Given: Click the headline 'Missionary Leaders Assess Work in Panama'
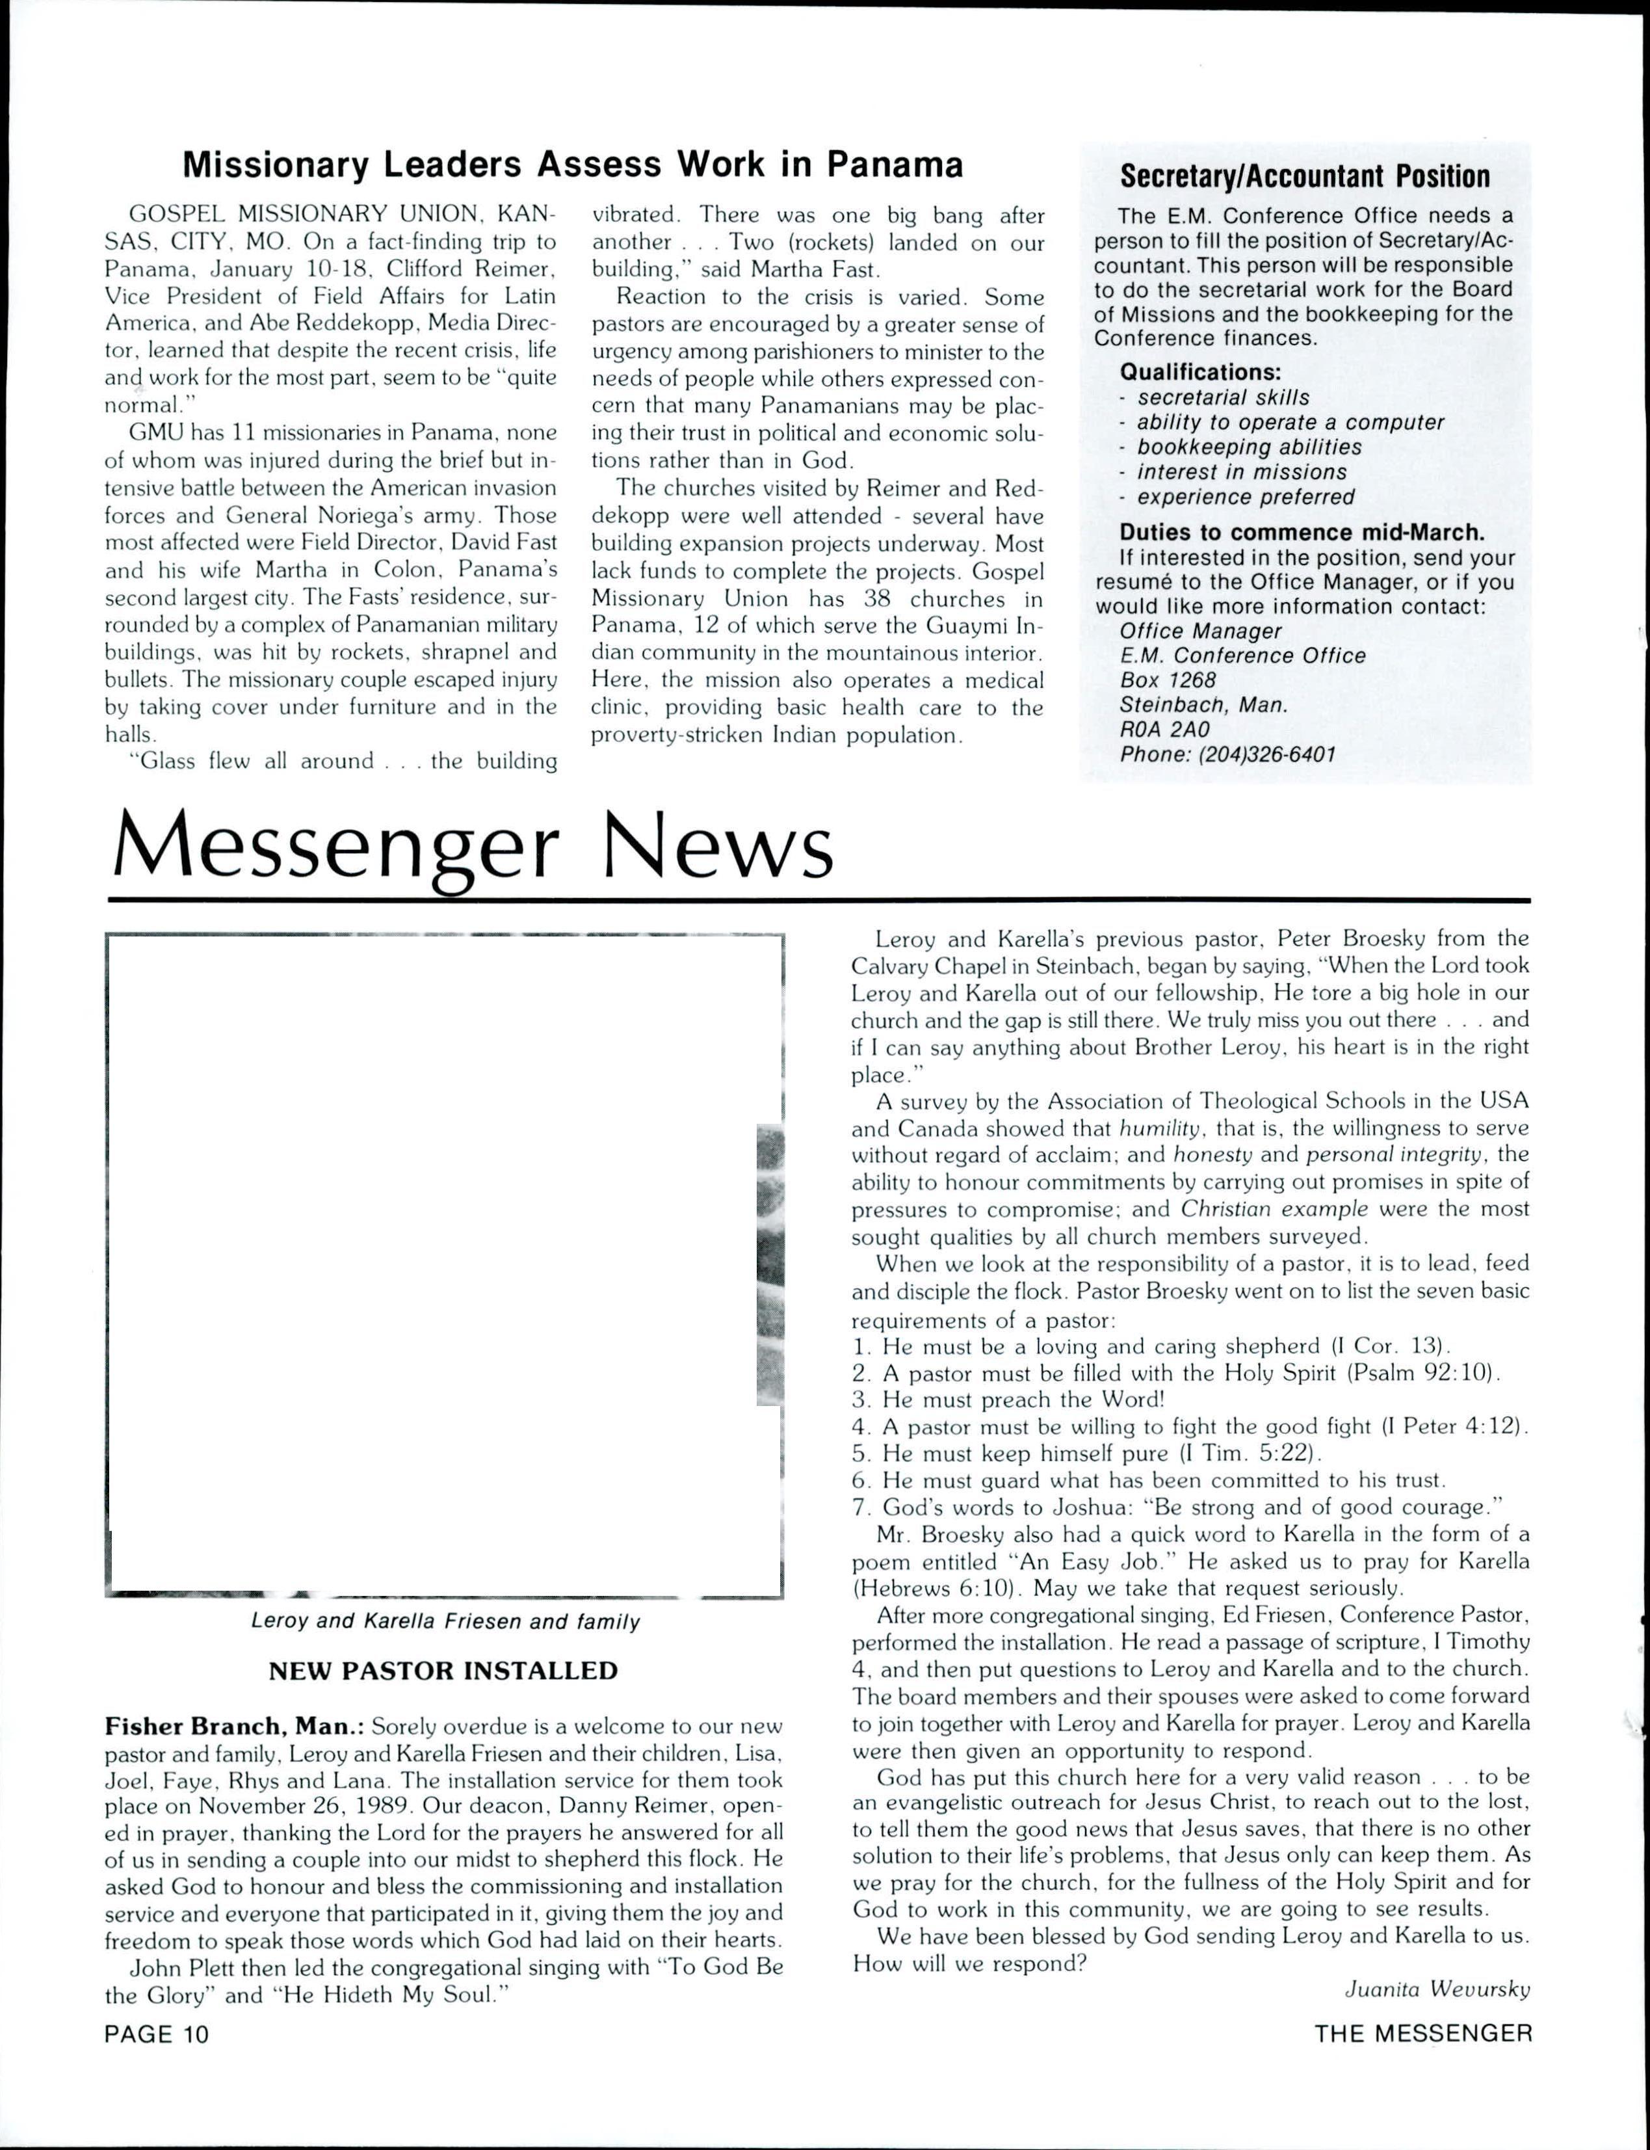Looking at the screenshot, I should [573, 165].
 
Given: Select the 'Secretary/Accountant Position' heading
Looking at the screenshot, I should [1305, 177].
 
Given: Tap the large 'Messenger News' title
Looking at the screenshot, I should [473, 847].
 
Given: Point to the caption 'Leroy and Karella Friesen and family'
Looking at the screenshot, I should [445, 1621].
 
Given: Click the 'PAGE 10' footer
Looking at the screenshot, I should [157, 2034].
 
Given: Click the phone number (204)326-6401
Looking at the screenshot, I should [1227, 754].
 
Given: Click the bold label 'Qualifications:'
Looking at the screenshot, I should [1200, 373].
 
